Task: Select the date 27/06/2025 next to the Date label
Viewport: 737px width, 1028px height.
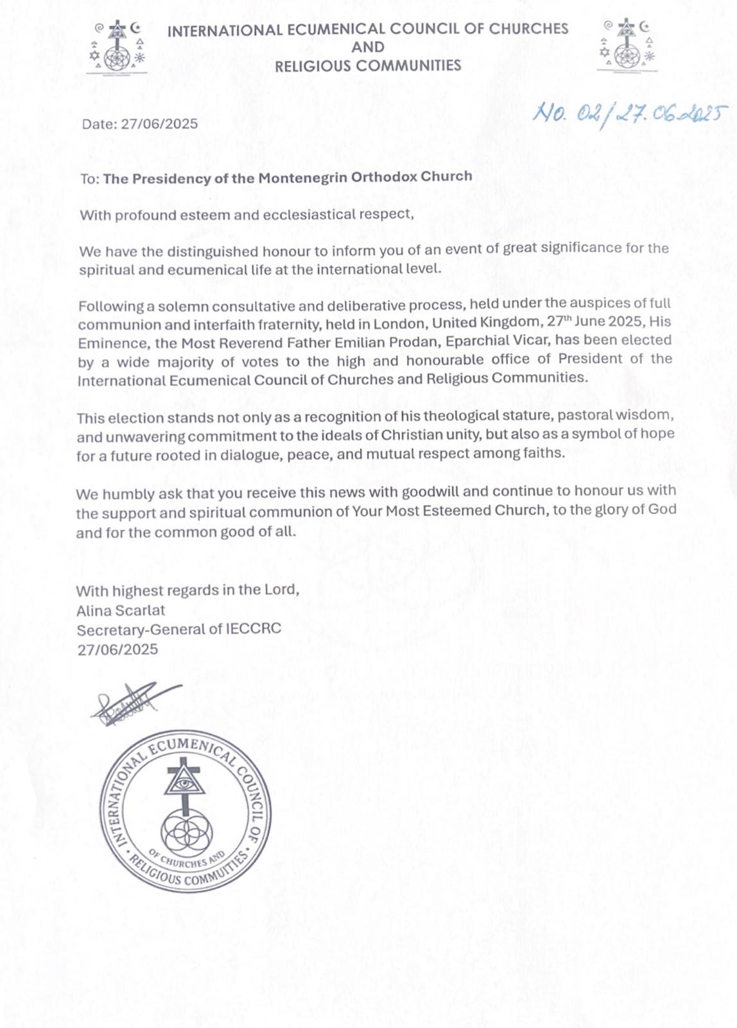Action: [x=159, y=124]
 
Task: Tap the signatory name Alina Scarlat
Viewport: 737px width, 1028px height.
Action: [x=121, y=610]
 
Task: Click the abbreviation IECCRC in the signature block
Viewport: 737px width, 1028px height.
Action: [x=253, y=628]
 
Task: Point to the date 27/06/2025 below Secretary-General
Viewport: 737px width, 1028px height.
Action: [x=117, y=650]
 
